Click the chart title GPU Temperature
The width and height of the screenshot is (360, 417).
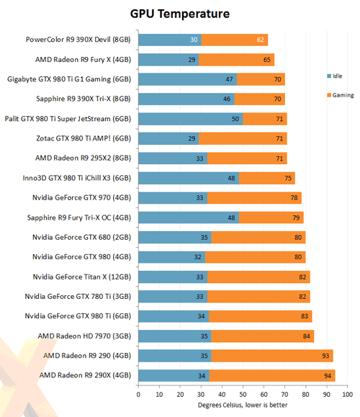coord(181,12)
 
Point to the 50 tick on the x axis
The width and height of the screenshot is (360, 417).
coord(243,395)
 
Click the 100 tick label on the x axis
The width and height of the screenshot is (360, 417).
coord(348,395)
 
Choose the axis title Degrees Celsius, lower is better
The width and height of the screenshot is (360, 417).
coord(243,405)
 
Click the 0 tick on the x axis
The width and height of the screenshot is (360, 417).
coord(138,395)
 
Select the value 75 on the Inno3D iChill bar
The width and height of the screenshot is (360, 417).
coord(289,178)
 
